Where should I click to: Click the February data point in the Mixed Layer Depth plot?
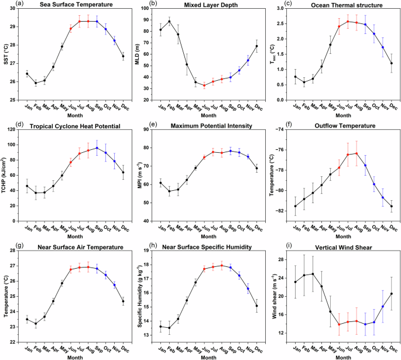[x=170, y=22]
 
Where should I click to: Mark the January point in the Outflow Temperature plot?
[x=295, y=206]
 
